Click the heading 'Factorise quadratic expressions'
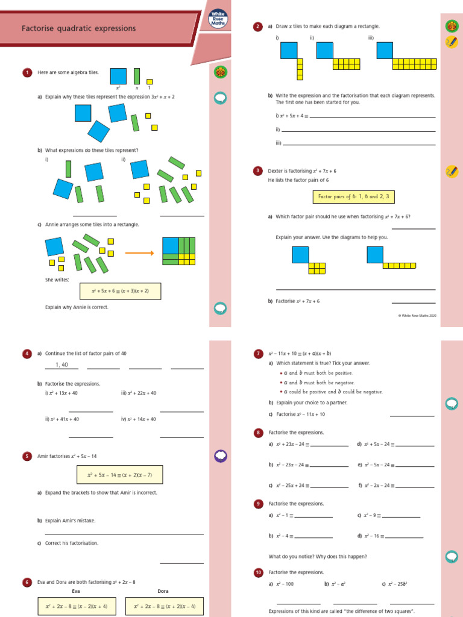pyautogui.click(x=79, y=28)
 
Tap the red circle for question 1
pyautogui.click(x=27, y=73)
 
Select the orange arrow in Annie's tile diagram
pyautogui.click(x=139, y=253)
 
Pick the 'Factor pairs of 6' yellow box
pyautogui.click(x=354, y=196)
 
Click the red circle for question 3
pyautogui.click(x=258, y=171)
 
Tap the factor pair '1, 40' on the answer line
pyautogui.click(x=61, y=365)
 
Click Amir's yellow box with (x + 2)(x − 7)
pyautogui.click(x=120, y=475)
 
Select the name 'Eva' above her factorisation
pyautogui.click(x=76, y=591)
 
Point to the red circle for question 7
pyautogui.click(x=258, y=353)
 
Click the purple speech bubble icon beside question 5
pyautogui.click(x=221, y=456)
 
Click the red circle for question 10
pyautogui.click(x=258, y=572)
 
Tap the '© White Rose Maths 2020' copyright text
pyautogui.click(x=417, y=315)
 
